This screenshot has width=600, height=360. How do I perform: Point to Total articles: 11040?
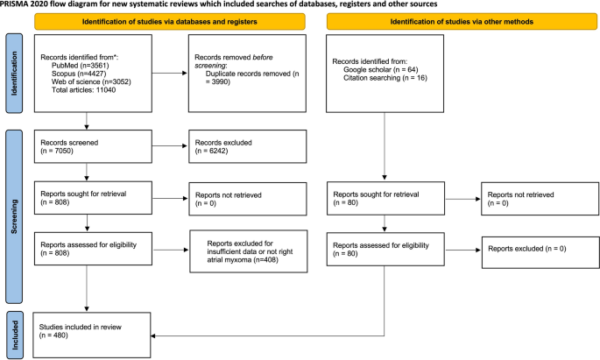point(84,94)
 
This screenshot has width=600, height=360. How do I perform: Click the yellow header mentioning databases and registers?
point(172,21)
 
